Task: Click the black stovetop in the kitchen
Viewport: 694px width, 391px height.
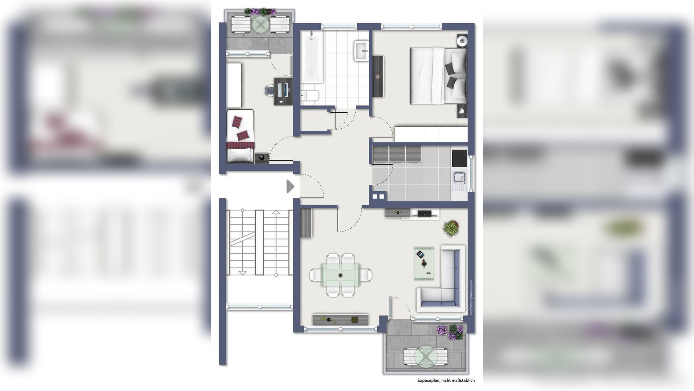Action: tap(459, 158)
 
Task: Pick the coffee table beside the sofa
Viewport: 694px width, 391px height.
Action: tap(424, 264)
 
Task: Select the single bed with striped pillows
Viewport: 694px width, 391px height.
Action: tap(240, 136)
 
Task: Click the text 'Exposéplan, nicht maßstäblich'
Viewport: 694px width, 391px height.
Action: tap(446, 380)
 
